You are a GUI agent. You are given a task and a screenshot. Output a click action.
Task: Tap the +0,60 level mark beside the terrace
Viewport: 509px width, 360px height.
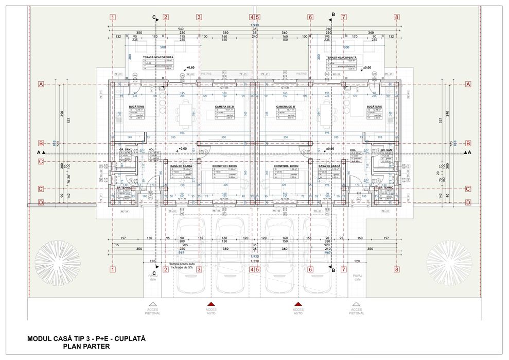pos(190,67)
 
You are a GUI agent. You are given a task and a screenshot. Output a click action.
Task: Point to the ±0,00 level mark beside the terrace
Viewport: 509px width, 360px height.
pos(367,67)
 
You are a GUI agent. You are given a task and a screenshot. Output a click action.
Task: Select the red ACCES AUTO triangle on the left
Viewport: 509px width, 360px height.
pos(210,304)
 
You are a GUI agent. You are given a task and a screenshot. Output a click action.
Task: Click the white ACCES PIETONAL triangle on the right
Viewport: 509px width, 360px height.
pos(356,304)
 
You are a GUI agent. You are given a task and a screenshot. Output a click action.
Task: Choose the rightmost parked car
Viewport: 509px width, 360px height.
pos(319,255)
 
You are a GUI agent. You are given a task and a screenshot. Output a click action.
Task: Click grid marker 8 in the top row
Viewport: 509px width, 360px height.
pos(396,16)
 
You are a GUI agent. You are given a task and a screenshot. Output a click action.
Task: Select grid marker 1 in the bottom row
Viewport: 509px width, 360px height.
pos(112,269)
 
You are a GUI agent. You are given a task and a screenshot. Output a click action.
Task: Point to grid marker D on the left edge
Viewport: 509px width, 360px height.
pos(41,202)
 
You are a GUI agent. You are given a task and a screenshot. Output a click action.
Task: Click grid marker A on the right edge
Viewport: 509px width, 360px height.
pos(468,84)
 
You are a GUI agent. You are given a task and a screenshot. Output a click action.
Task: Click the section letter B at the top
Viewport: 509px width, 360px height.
pos(333,14)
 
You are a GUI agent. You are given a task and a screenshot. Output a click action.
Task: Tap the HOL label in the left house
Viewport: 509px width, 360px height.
pos(151,150)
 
